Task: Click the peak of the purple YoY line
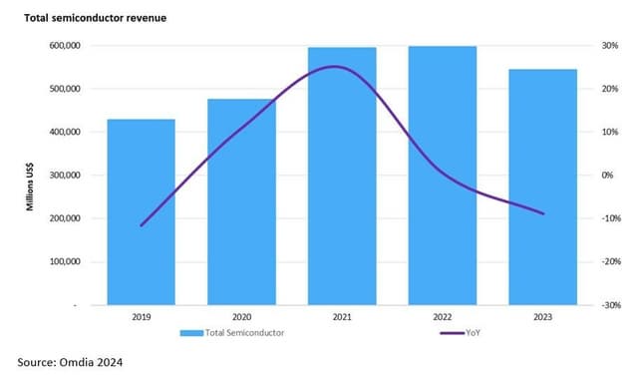(x=334, y=67)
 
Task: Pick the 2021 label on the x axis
(x=342, y=318)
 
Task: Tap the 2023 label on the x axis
(x=543, y=318)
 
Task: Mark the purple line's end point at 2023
(x=543, y=213)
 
